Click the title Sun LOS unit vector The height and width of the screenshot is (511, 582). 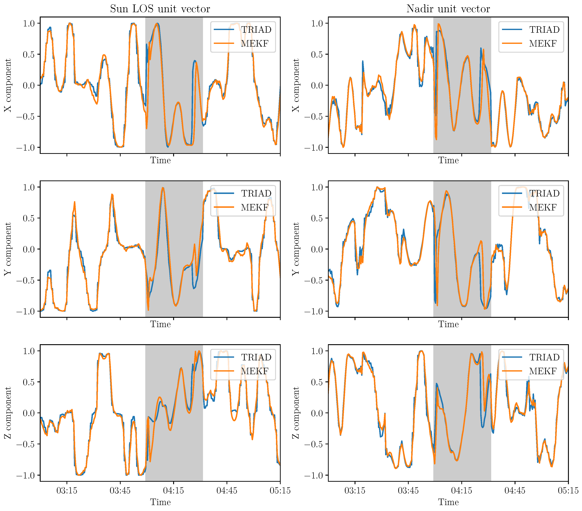click(x=160, y=9)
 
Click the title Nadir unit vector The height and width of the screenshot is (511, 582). click(x=448, y=9)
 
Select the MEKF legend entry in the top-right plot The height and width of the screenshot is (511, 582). click(x=543, y=43)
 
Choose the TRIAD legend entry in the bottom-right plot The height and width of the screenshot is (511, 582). click(x=544, y=357)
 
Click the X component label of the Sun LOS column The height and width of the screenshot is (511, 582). click(x=8, y=85)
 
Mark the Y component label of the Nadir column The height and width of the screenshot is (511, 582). click(x=296, y=249)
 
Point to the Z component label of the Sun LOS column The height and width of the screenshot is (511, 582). click(x=8, y=413)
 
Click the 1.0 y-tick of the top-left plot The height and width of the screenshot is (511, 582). click(x=29, y=23)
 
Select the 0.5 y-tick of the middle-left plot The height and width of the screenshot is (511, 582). click(x=29, y=218)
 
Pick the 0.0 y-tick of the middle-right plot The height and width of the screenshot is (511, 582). click(x=317, y=249)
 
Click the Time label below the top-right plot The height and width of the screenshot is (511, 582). click(x=448, y=161)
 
